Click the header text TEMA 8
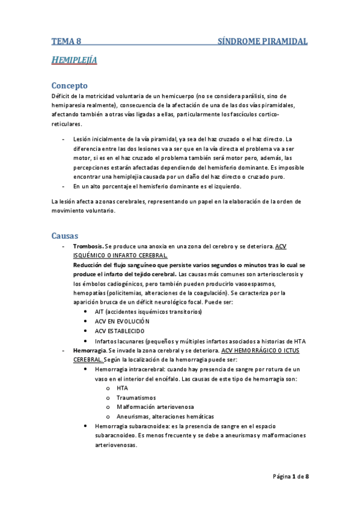[x=66, y=41]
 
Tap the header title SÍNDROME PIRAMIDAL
[x=262, y=41]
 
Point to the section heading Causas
[x=66, y=235]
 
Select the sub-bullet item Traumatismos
[x=136, y=398]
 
